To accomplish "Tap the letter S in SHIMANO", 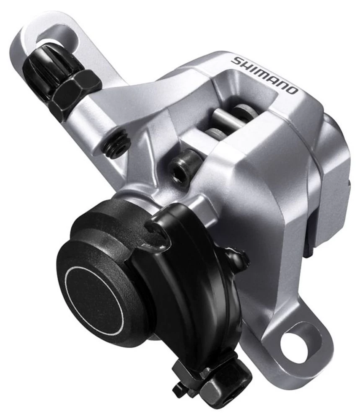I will [238, 60].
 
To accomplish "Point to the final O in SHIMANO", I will [293, 89].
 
